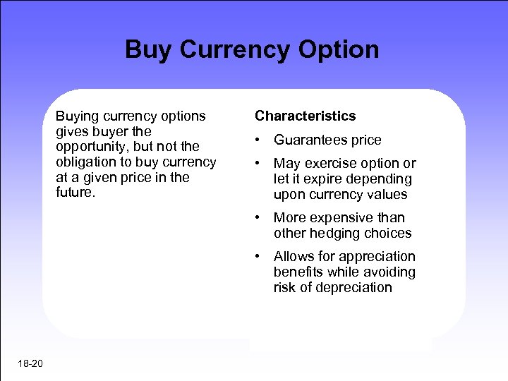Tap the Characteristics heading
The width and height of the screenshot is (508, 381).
306,116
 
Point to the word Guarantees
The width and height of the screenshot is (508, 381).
311,140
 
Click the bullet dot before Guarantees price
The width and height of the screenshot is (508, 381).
260,140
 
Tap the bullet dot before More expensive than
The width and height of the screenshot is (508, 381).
260,217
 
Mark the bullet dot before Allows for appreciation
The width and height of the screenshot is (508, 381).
260,256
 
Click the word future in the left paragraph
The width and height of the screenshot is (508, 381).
73,193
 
